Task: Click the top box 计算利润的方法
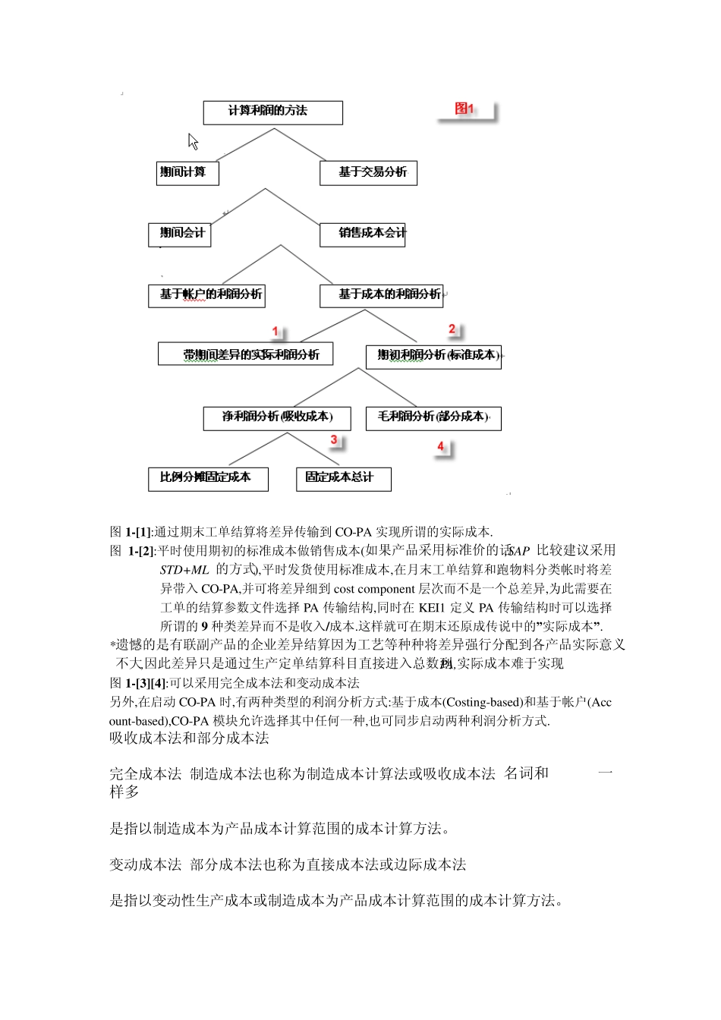(x=272, y=112)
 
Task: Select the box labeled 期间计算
(x=187, y=173)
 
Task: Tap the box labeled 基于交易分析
(x=368, y=173)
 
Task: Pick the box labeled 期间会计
(x=179, y=235)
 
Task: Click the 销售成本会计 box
(x=363, y=235)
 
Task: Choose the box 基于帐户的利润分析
(x=206, y=295)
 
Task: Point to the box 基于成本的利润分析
(x=380, y=295)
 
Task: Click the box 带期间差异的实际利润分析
(x=245, y=354)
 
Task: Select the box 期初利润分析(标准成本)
(x=433, y=357)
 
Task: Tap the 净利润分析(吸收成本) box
(x=278, y=418)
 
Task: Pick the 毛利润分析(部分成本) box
(x=433, y=418)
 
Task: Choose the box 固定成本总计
(x=343, y=479)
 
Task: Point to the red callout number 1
(x=276, y=332)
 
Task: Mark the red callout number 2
(x=452, y=329)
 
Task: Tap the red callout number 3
(x=334, y=440)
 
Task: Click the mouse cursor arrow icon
(x=193, y=142)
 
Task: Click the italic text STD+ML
(x=184, y=570)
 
